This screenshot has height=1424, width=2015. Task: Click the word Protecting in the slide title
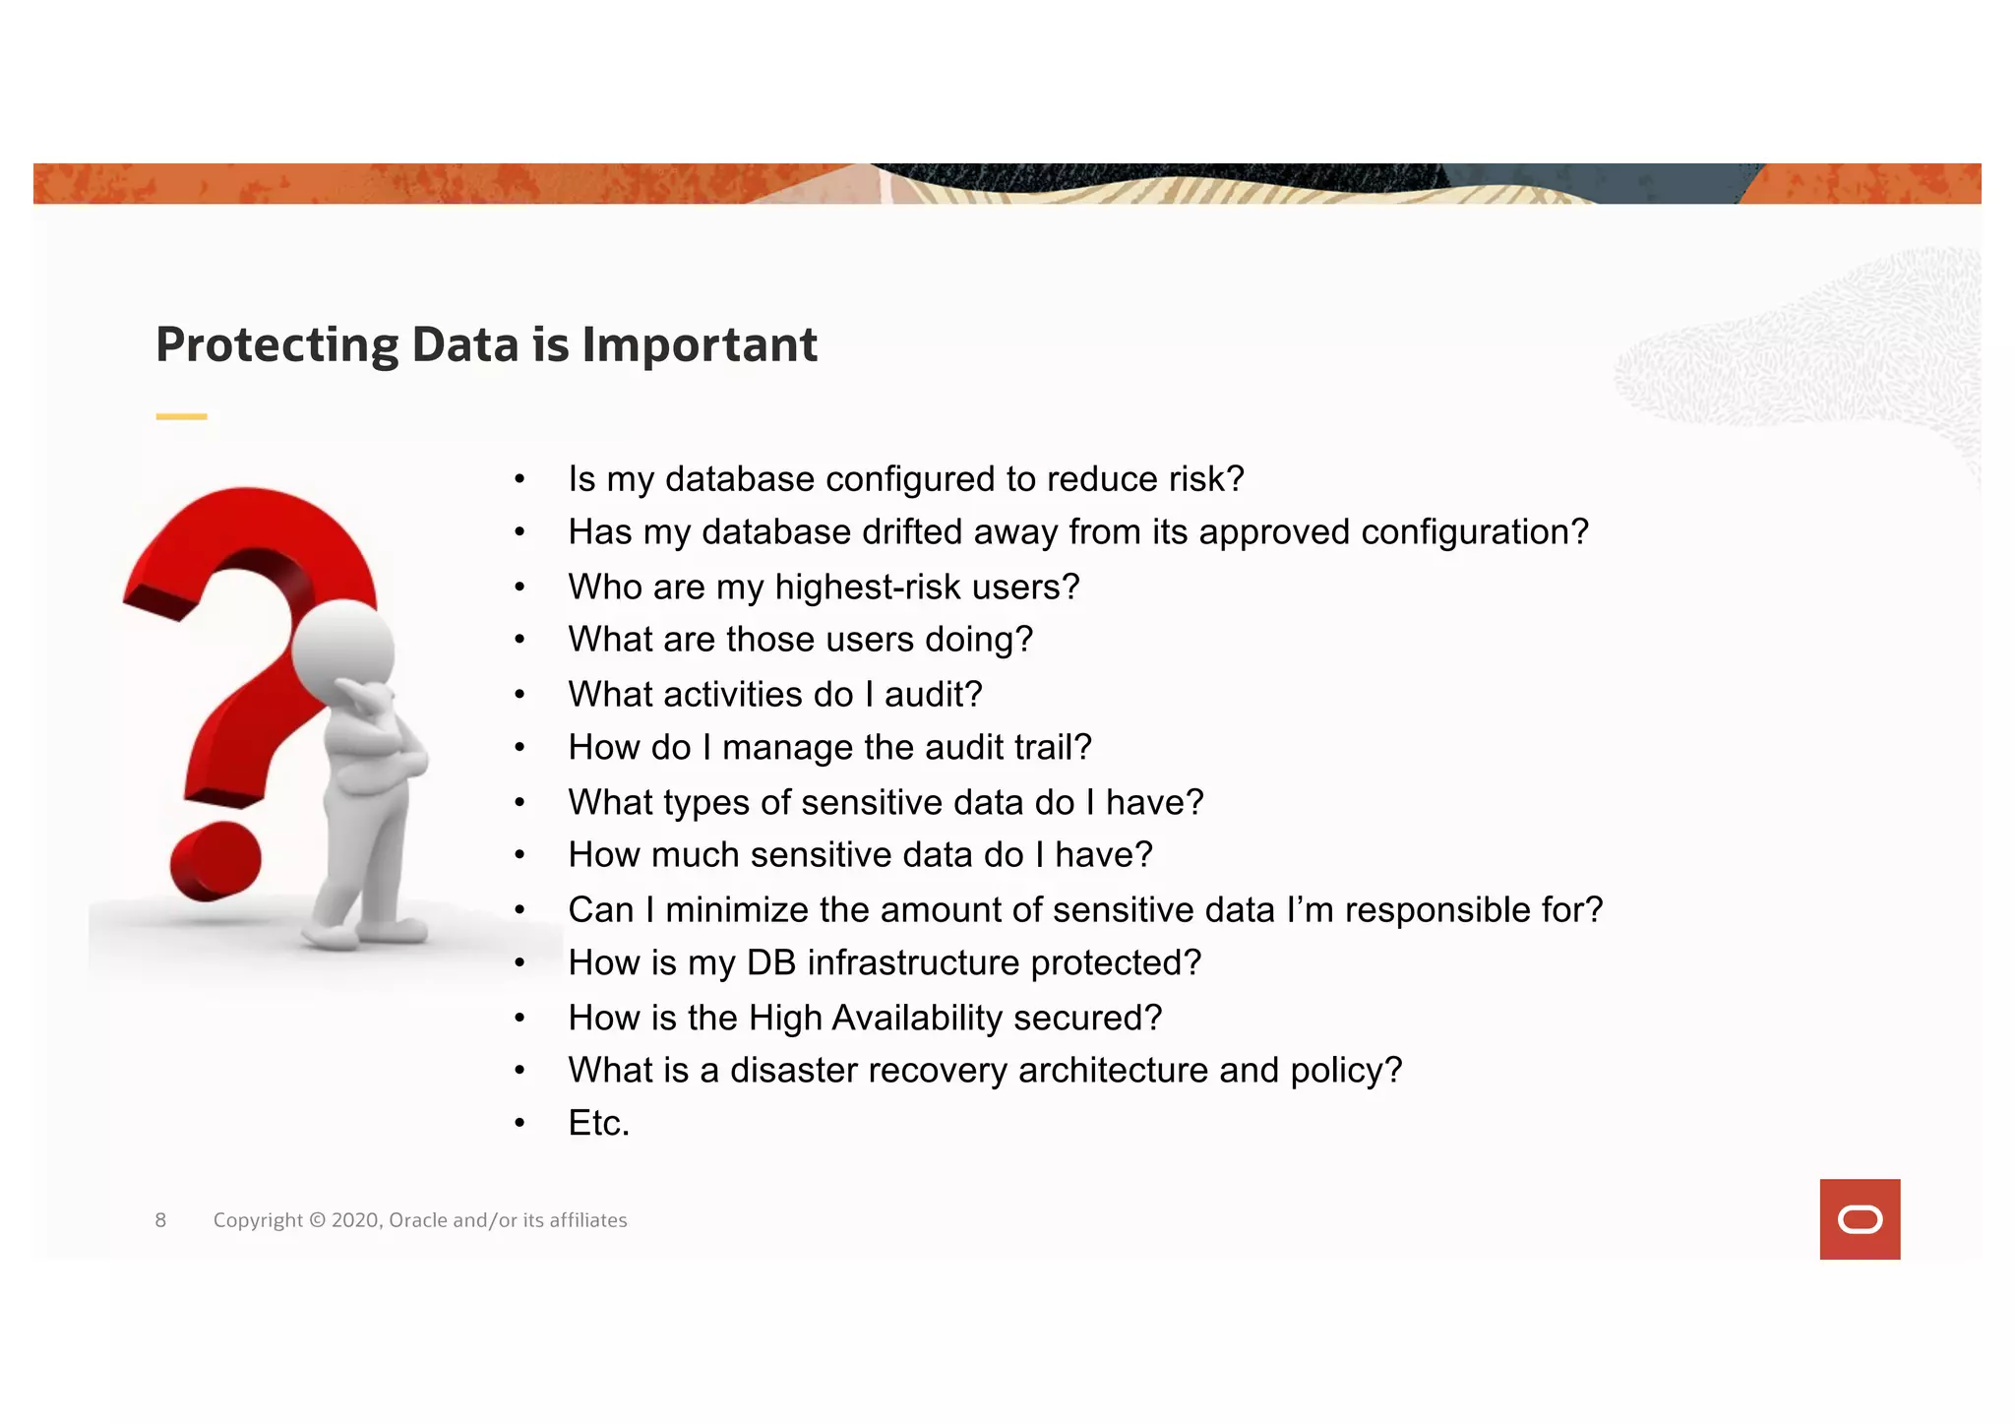pyautogui.click(x=277, y=345)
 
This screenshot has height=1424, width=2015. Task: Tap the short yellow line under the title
pyautogui.click(x=181, y=417)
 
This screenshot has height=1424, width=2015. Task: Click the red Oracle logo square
pyautogui.click(x=1859, y=1218)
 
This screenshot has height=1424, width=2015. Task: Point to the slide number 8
pyautogui.click(x=160, y=1220)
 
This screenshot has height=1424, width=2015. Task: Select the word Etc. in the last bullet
pyautogui.click(x=598, y=1123)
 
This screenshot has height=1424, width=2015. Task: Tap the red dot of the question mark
pyautogui.click(x=215, y=861)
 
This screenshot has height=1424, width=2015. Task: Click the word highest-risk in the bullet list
pyautogui.click(x=853, y=587)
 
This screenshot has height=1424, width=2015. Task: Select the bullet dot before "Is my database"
pyautogui.click(x=519, y=480)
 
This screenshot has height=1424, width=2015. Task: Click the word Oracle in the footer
pyautogui.click(x=418, y=1220)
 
